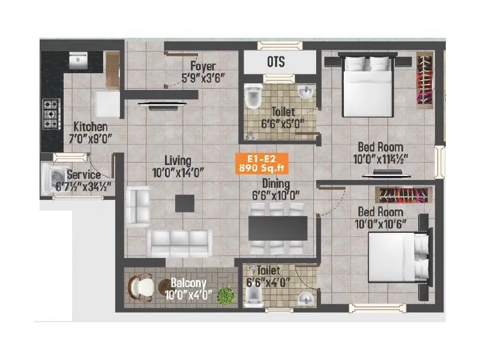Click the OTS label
[x=275, y=62]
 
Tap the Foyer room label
[x=203, y=66]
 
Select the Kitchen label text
[x=91, y=127]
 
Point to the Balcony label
[x=188, y=283]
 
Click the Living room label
[x=179, y=160]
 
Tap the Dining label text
[x=275, y=184]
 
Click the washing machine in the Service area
[x=53, y=178]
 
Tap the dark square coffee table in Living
[x=184, y=203]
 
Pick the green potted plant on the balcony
[x=225, y=295]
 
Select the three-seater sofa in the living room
[x=179, y=242]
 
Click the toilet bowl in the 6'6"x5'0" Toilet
[x=253, y=96]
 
